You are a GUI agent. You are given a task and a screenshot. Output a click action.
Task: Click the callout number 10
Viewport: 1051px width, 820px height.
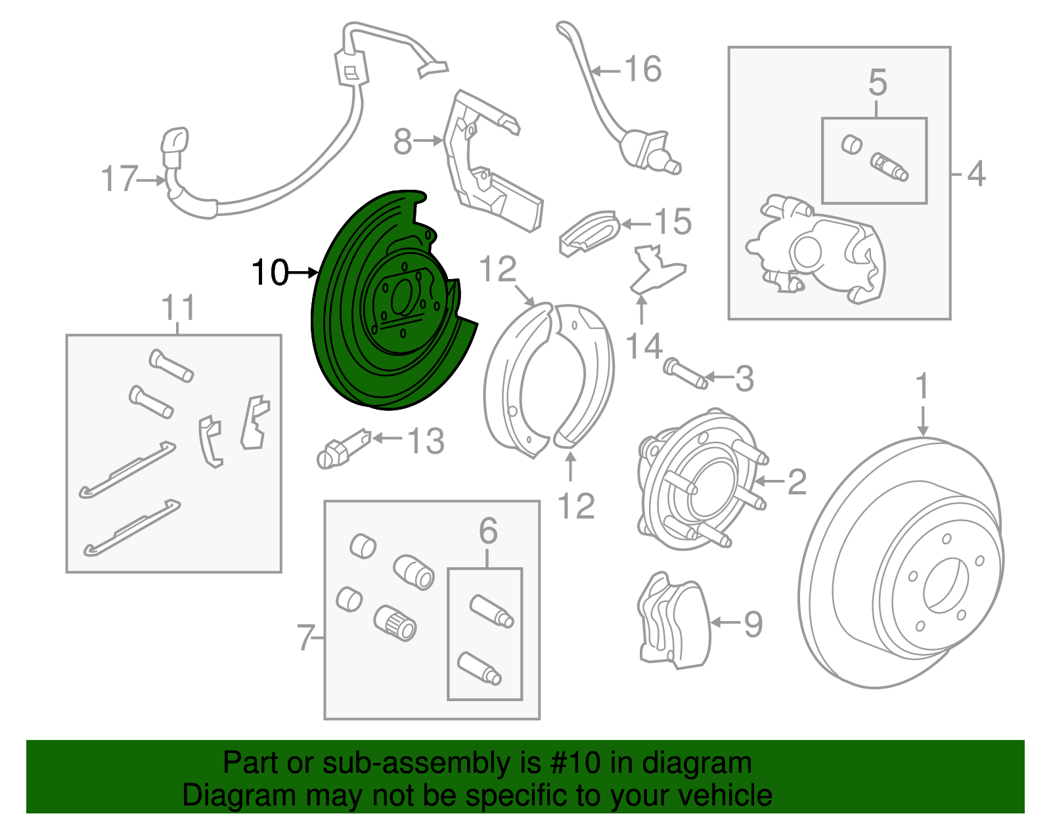point(270,272)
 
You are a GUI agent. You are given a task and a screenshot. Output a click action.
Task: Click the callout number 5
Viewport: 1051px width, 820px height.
point(878,83)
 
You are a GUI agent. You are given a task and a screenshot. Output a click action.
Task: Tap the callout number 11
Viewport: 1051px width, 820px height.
point(179,307)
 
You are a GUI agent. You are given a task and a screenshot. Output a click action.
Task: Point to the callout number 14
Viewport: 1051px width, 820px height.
point(644,346)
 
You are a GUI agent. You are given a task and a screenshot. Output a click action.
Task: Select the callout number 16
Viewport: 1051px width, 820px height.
point(642,69)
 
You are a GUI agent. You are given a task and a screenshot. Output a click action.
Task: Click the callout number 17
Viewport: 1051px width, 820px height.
point(120,179)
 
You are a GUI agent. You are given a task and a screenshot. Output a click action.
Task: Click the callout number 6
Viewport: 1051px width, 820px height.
point(488,530)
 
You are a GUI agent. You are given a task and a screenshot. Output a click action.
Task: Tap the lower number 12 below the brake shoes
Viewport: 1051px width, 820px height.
point(576,506)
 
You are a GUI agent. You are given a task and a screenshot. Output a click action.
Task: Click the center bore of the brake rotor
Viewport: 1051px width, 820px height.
point(946,584)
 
